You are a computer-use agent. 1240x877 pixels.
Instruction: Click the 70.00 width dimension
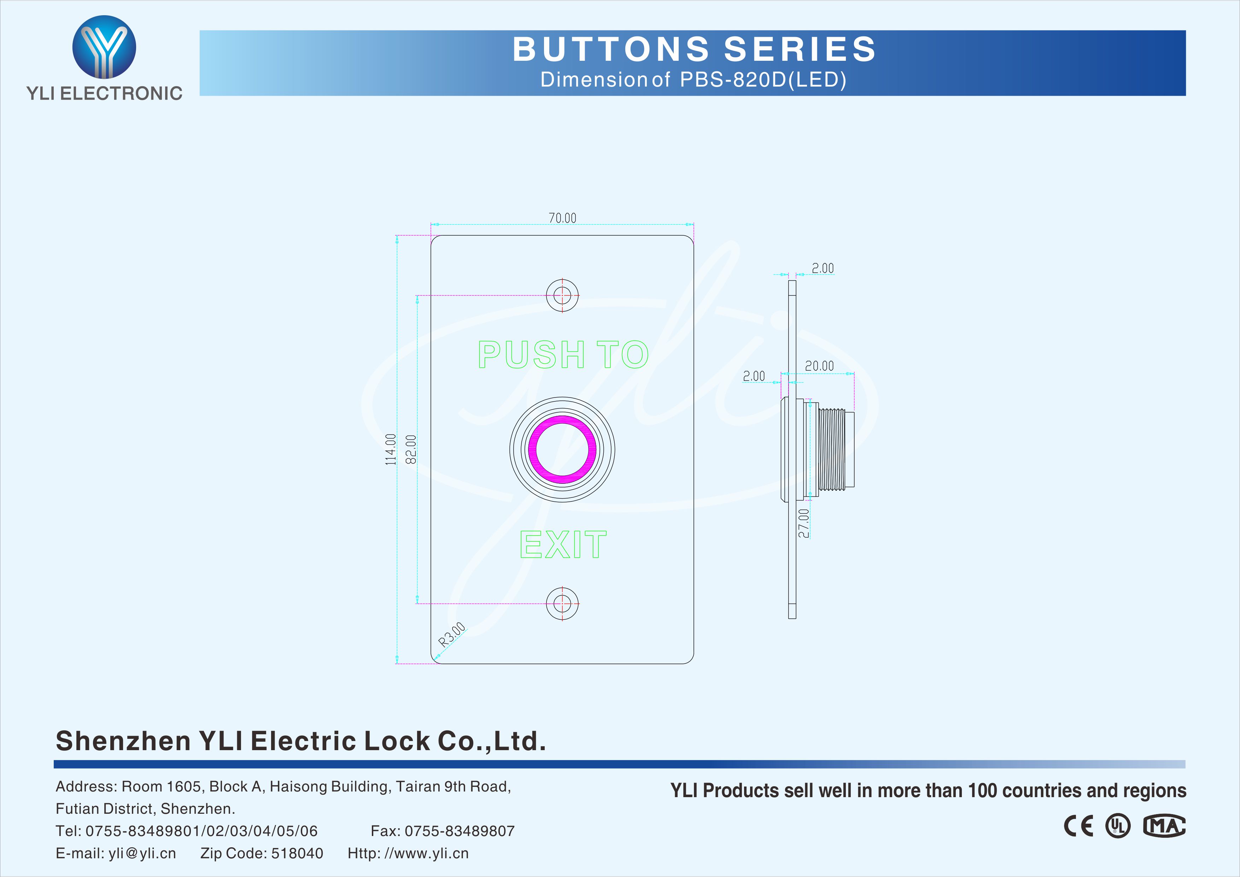coord(562,218)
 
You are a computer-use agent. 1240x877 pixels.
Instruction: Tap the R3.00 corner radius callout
coord(451,635)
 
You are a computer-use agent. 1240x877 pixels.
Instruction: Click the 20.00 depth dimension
coord(819,366)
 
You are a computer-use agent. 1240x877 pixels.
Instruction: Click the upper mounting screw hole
coord(562,295)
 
